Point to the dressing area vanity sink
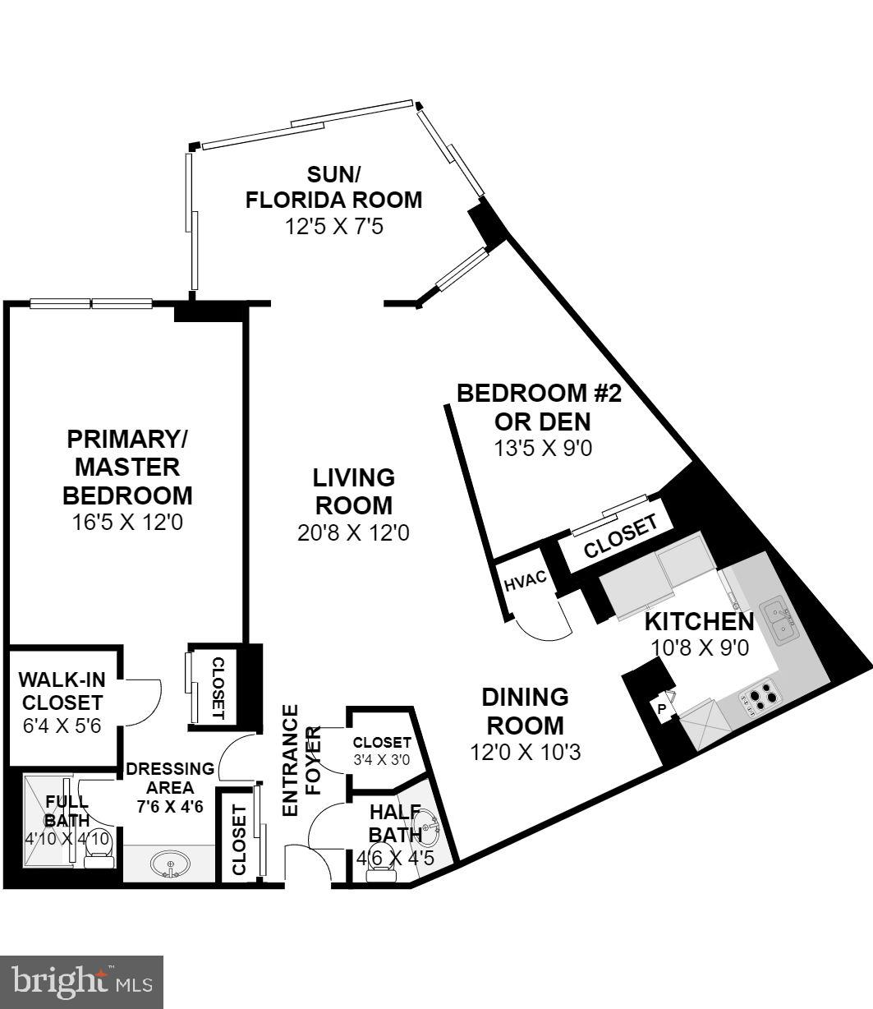coord(170,864)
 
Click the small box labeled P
coord(662,707)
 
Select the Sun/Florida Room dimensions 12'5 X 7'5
coord(334,226)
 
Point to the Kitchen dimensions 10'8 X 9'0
coord(700,647)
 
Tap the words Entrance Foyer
coord(301,760)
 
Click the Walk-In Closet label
coord(61,691)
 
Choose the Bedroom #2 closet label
coord(621,537)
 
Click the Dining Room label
coord(525,712)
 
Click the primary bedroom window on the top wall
coord(91,304)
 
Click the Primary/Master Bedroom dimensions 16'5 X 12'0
coord(127,522)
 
